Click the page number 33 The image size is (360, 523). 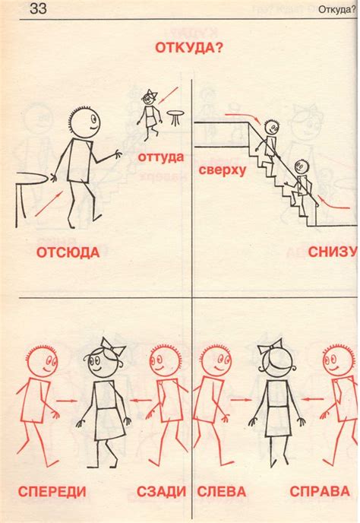pyautogui.click(x=38, y=8)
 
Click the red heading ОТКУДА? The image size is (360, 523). pyautogui.click(x=189, y=48)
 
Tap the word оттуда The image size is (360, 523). pyautogui.click(x=161, y=157)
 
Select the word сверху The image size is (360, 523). pyautogui.click(x=223, y=170)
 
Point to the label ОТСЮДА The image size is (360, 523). pyautogui.click(x=68, y=252)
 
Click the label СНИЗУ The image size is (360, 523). pyautogui.click(x=332, y=252)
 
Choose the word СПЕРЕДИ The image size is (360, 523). pyautogui.click(x=52, y=492)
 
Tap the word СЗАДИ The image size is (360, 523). pyautogui.click(x=161, y=491)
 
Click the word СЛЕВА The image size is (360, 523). pyautogui.click(x=222, y=492)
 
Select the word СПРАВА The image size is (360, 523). pyautogui.click(x=320, y=491)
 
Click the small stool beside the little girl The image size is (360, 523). pyautogui.click(x=175, y=118)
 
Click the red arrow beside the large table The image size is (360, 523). pyautogui.click(x=49, y=204)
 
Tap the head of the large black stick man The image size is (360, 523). pyautogui.click(x=85, y=122)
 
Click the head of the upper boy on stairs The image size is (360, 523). pyautogui.click(x=271, y=127)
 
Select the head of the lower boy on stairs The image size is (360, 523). pyautogui.click(x=302, y=166)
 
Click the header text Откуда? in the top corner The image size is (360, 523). pyautogui.click(x=337, y=9)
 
